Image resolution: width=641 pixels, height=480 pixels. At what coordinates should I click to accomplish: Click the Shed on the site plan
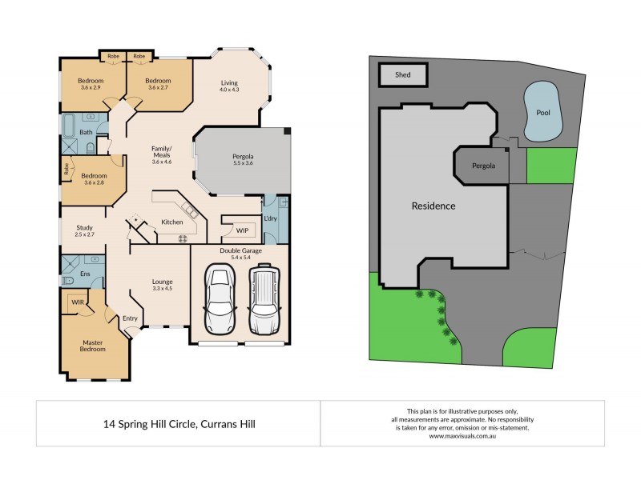403,75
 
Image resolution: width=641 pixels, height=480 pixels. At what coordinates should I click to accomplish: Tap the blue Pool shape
542,111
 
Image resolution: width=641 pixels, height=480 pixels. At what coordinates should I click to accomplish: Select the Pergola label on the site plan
483,166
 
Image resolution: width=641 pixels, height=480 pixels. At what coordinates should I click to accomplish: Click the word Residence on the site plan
433,206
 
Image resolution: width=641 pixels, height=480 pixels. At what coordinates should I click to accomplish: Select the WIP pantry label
242,230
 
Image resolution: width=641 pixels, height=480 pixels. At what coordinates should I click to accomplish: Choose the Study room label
85,230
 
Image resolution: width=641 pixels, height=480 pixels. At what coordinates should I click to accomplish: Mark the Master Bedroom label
94,346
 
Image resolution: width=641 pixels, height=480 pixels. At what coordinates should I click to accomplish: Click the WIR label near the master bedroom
78,302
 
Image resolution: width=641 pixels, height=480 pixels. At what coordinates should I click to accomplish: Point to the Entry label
130,318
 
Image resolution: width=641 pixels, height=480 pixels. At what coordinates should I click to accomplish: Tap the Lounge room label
163,285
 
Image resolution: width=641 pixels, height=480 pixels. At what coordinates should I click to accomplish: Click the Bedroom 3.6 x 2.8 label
95,178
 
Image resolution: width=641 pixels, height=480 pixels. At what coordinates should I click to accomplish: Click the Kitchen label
172,222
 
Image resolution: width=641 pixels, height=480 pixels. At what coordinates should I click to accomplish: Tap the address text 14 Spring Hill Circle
178,423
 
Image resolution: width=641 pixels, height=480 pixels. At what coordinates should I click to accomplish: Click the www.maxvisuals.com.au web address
462,437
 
